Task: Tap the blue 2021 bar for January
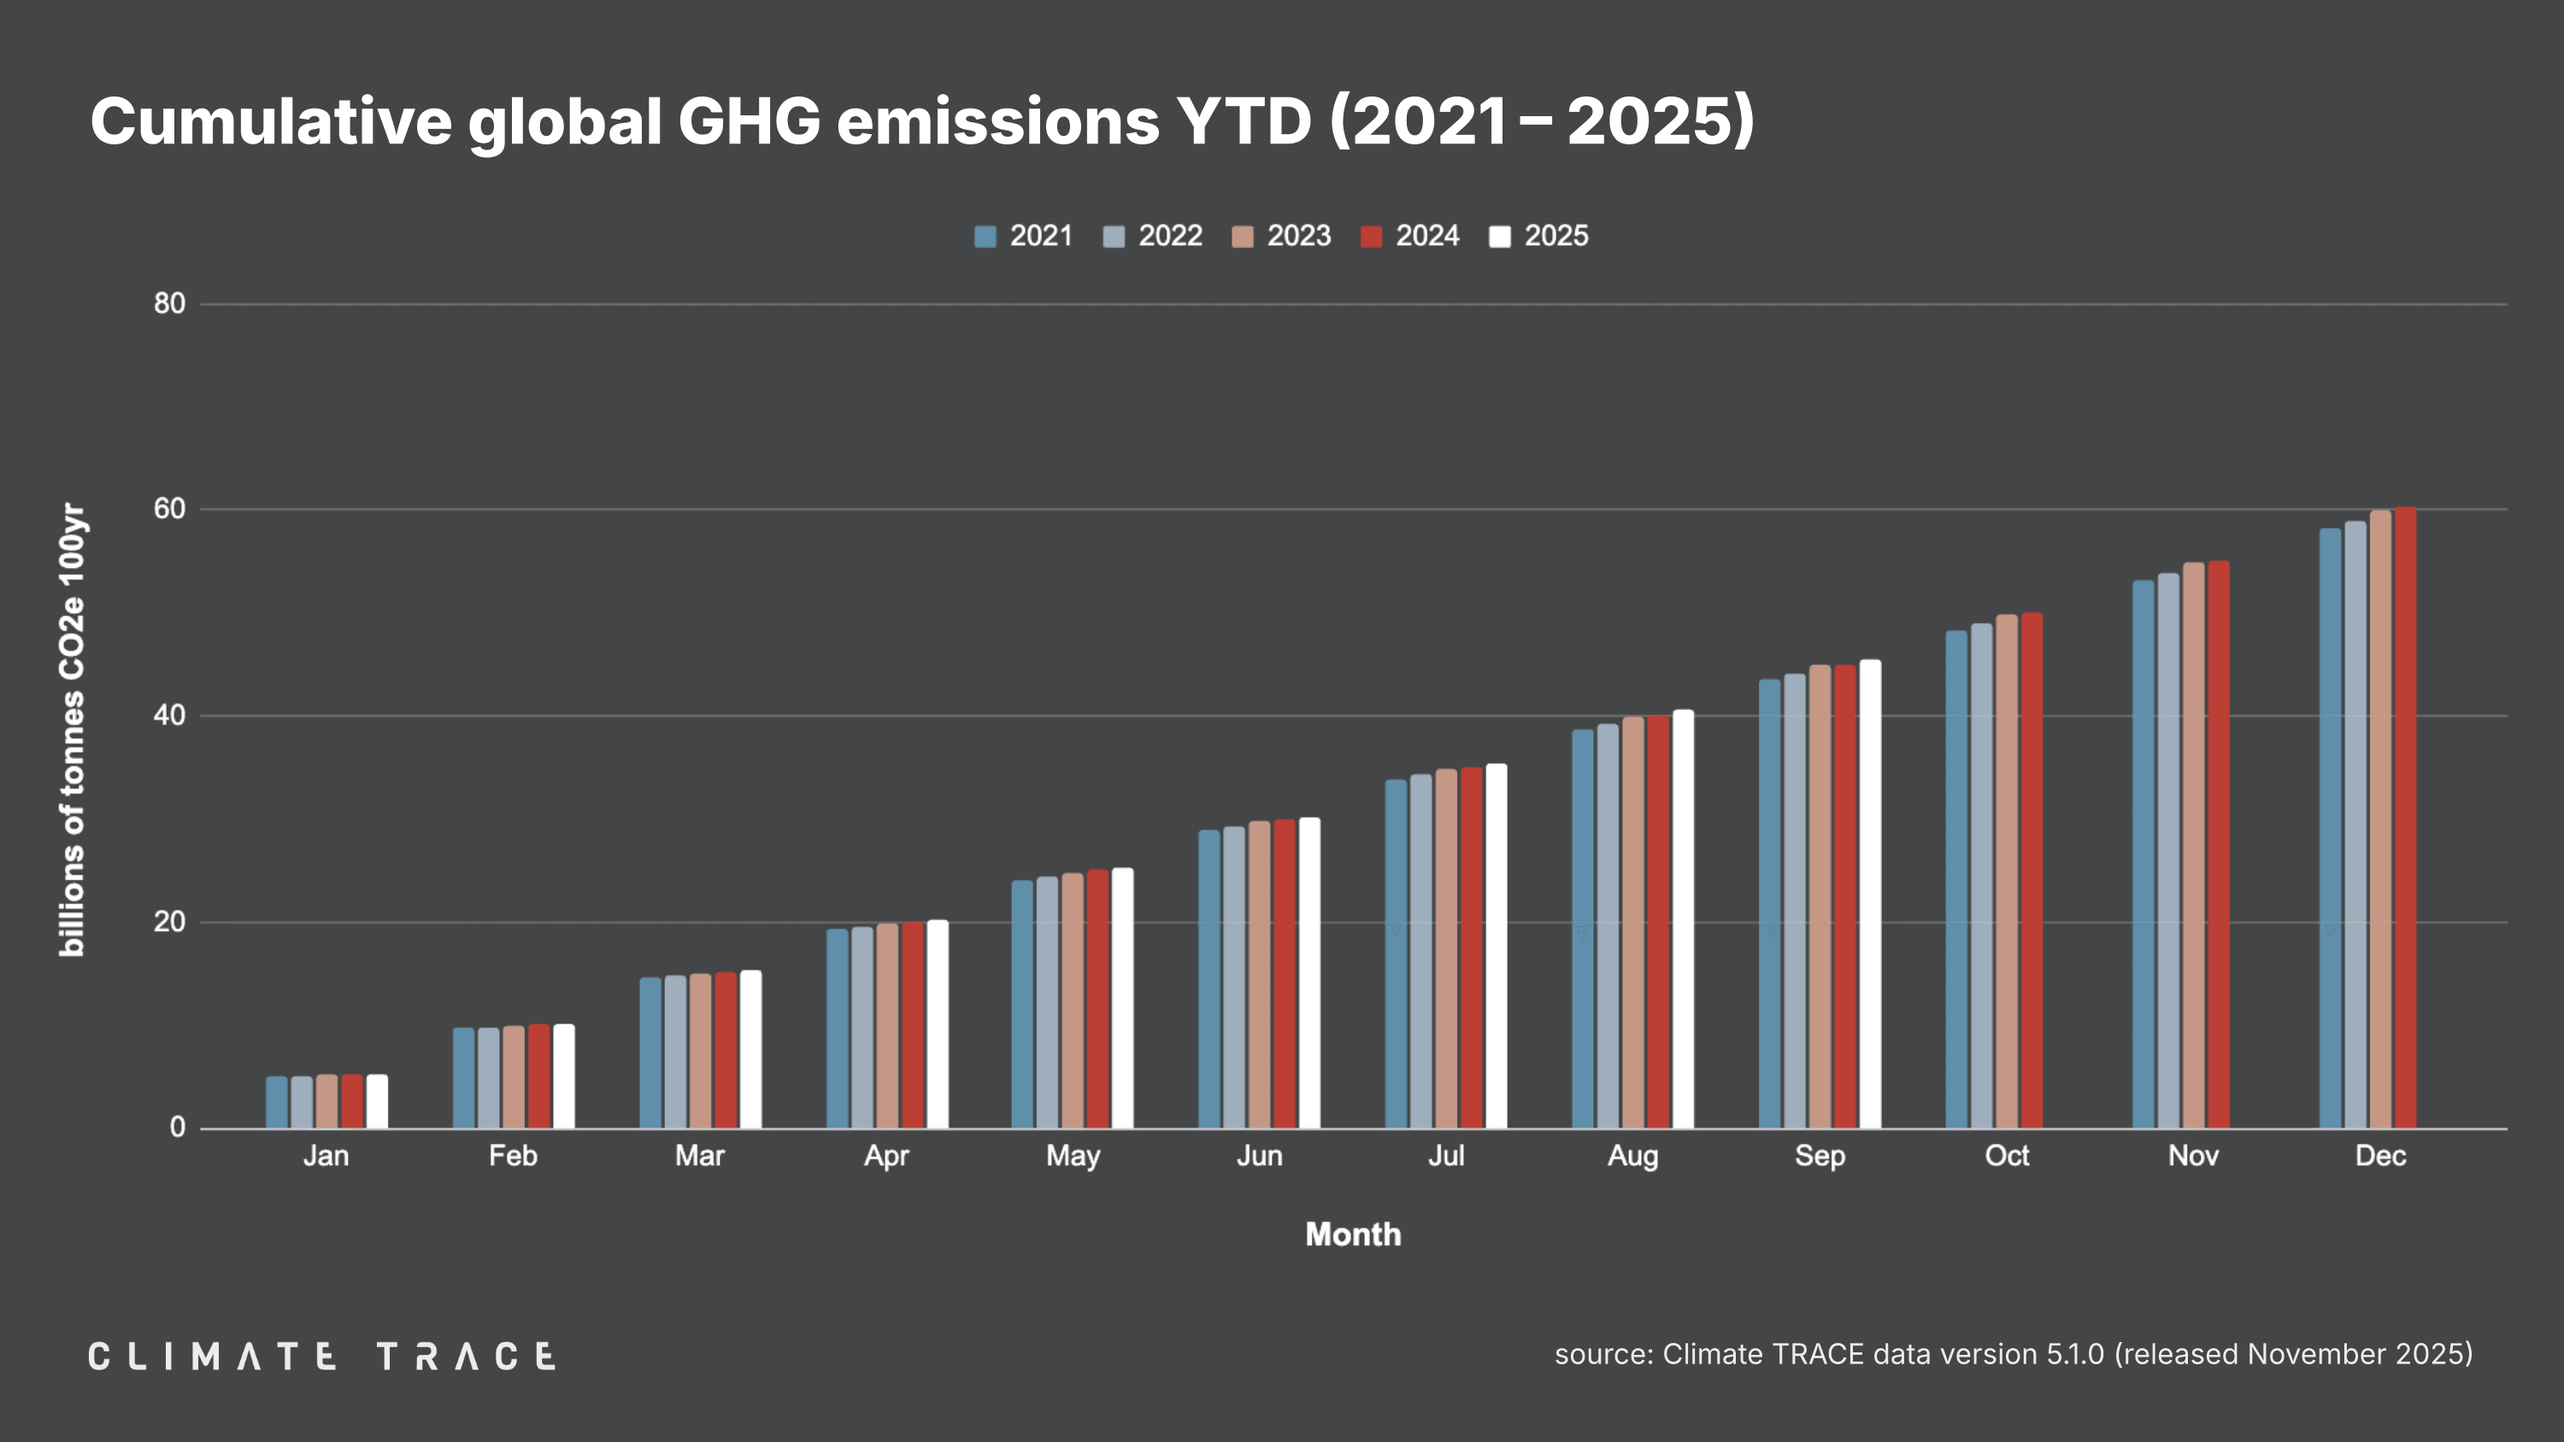point(276,1102)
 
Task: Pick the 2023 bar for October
point(2007,870)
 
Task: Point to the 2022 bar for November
point(2167,851)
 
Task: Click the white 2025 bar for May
point(1121,998)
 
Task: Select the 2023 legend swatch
point(1242,237)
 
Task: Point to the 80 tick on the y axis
point(169,303)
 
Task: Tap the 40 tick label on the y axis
point(169,716)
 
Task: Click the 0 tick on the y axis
point(177,1128)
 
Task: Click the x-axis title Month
point(1353,1235)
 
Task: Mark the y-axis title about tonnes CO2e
point(72,730)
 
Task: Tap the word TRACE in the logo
point(466,1357)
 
